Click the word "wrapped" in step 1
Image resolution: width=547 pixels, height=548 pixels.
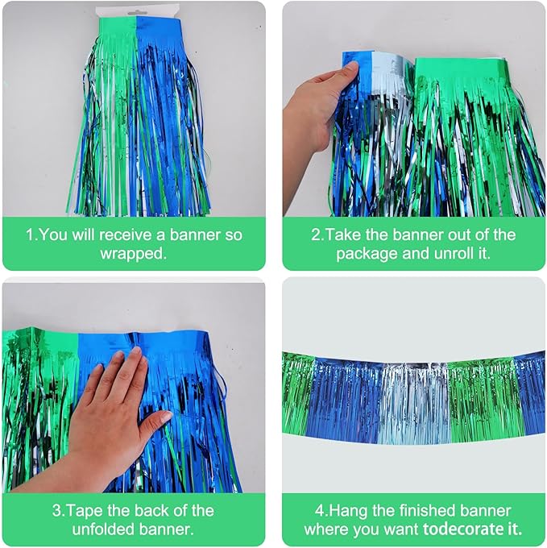pos(134,252)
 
